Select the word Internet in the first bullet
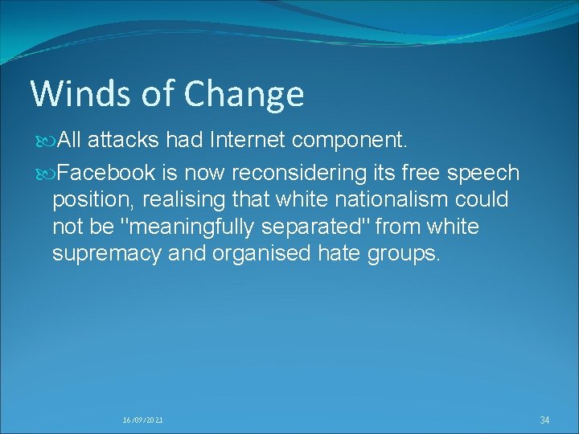coord(248,141)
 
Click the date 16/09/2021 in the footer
coord(143,420)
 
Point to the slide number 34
coord(544,420)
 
